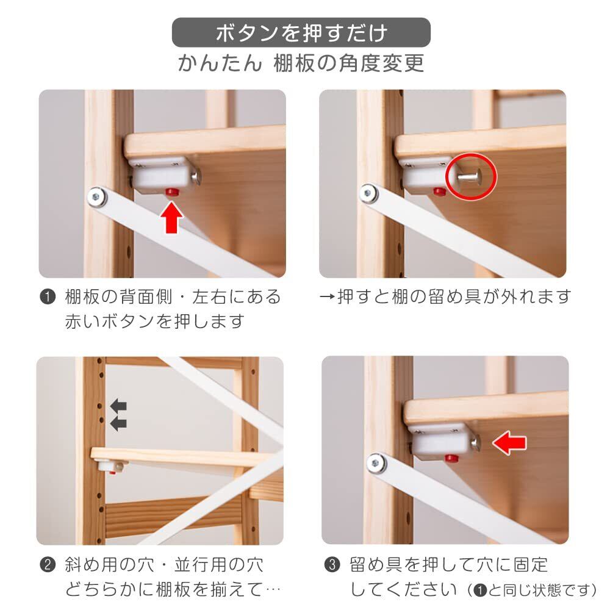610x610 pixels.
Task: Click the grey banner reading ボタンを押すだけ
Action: (301, 32)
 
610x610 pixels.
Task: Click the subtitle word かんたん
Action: (220, 63)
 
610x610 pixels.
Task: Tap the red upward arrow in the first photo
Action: (171, 218)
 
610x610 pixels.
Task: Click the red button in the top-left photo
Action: (171, 192)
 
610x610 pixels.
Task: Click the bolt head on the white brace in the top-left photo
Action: (97, 197)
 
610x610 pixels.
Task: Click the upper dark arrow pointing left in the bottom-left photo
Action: (119, 406)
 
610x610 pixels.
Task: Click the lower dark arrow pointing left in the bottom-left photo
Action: (119, 423)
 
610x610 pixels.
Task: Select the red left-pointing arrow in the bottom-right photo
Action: (509, 443)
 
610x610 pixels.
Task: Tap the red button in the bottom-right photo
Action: (451, 457)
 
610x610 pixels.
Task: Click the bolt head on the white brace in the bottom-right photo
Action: (376, 464)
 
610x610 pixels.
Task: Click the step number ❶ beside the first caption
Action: (48, 297)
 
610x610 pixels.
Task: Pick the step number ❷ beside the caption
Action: (48, 565)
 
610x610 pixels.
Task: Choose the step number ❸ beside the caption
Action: (332, 565)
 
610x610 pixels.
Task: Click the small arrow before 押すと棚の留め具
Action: (327, 297)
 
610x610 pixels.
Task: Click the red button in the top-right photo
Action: (440, 191)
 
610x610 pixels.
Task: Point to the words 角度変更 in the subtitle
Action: (382, 63)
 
